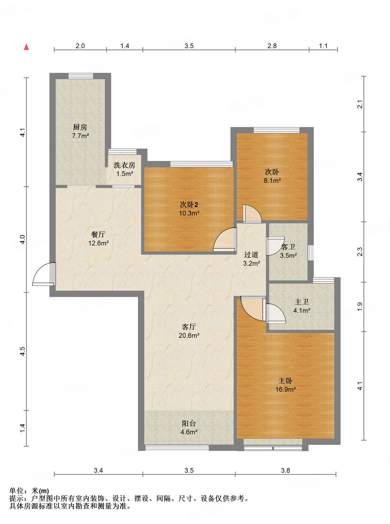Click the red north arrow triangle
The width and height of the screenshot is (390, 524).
(x=26, y=47)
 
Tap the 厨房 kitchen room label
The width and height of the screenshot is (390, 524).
(x=80, y=127)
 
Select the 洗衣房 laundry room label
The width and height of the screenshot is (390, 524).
(x=125, y=165)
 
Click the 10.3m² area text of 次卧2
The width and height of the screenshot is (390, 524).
(x=189, y=213)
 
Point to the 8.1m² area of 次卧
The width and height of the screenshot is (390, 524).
(x=272, y=180)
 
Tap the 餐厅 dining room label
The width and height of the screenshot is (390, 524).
(x=98, y=234)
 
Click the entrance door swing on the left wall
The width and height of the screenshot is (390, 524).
(x=44, y=274)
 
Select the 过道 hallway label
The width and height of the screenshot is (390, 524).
(x=251, y=255)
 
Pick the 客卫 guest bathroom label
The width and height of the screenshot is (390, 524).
(x=288, y=247)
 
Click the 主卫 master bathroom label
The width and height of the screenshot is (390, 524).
(x=302, y=302)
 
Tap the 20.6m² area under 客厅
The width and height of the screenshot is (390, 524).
(x=189, y=335)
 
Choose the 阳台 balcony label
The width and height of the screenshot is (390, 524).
(x=189, y=423)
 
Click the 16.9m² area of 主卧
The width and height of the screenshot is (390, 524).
(x=286, y=389)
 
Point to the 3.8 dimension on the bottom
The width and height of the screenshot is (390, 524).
(x=285, y=470)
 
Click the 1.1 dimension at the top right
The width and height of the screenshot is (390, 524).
(x=323, y=46)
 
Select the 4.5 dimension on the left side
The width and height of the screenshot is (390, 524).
(x=23, y=351)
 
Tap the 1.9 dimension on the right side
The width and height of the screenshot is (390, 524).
(x=360, y=307)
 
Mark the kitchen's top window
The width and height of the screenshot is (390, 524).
(x=81, y=76)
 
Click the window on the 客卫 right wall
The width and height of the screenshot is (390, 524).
(x=311, y=253)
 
